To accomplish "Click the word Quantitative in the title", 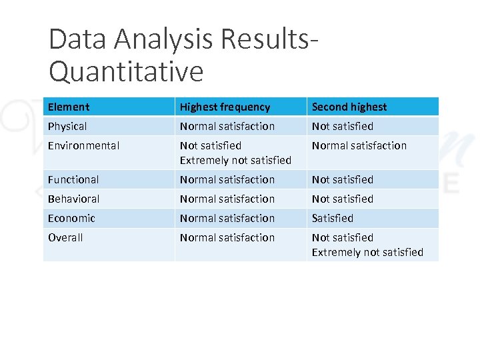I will (x=126, y=71).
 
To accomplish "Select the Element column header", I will (x=68, y=107).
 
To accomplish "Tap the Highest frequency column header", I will (x=225, y=107).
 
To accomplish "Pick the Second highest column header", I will (x=349, y=107).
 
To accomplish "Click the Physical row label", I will (x=67, y=126).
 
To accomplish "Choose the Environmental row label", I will (x=83, y=145).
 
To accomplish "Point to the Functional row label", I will (x=73, y=179).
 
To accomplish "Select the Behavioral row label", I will (x=73, y=199).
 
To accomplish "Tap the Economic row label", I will (x=71, y=218).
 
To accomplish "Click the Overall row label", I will (x=65, y=237).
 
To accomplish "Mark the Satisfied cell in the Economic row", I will (x=332, y=218).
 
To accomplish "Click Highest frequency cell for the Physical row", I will (x=227, y=126).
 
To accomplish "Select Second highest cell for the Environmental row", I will (x=359, y=145).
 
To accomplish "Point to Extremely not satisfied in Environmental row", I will (x=235, y=160).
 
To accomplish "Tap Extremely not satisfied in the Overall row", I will (x=367, y=252).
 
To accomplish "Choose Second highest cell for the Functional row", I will (x=342, y=179).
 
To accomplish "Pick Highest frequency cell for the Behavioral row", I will (x=227, y=199).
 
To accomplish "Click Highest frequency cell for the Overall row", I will (x=227, y=237).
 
